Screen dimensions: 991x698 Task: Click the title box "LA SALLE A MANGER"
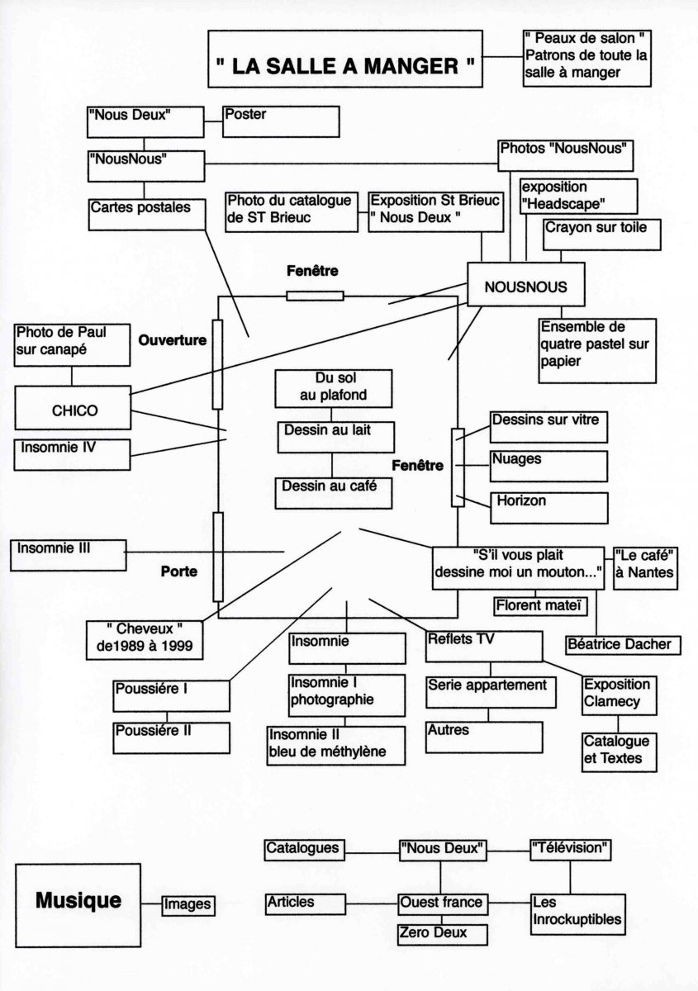pos(344,59)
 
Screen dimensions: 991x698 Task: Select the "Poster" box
pos(281,121)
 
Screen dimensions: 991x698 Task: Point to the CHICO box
pos(72,410)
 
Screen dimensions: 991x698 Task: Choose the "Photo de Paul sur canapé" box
pos(72,344)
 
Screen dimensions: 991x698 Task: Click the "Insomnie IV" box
pos(72,454)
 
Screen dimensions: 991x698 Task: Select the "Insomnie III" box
pos(68,554)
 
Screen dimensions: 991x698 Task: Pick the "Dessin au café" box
pos(332,492)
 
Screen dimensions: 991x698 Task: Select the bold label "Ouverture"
pos(173,340)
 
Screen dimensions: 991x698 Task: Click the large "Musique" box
pos(78,904)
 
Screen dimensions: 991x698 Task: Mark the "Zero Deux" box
pos(441,934)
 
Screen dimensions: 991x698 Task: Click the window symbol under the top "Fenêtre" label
pos(314,296)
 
